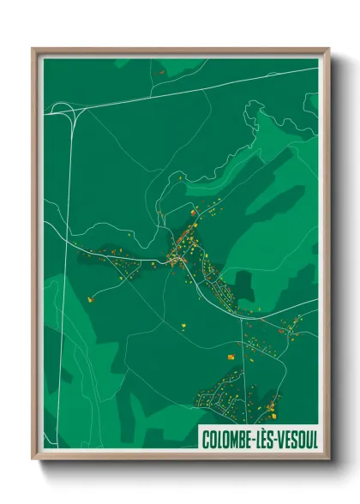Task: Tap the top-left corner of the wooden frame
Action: click(x=33, y=49)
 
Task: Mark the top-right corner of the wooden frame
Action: click(x=328, y=49)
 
